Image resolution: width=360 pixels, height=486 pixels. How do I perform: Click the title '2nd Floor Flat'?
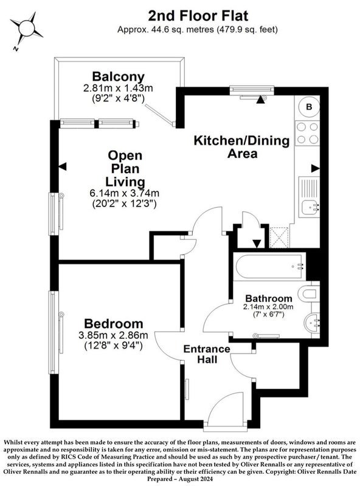(198, 16)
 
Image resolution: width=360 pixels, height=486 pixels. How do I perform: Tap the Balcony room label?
(118, 77)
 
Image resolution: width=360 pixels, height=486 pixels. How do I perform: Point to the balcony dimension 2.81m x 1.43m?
(118, 88)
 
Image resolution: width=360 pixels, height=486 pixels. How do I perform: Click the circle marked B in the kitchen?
(309, 107)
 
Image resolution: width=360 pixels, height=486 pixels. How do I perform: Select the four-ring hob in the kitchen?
(307, 133)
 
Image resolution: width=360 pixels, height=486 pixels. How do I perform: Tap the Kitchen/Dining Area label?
(242, 147)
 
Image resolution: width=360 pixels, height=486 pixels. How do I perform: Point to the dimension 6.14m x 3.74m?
(124, 193)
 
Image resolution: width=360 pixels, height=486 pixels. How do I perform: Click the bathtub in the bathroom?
(269, 267)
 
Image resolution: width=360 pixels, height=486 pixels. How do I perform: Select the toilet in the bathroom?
(308, 293)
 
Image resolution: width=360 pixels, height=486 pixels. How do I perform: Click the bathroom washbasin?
(311, 323)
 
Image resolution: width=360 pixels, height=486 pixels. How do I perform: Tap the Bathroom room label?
(269, 298)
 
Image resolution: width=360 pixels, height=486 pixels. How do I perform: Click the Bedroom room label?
(114, 324)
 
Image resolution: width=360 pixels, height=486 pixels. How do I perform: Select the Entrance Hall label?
(207, 354)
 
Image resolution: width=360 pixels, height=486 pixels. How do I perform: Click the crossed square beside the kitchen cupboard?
(279, 237)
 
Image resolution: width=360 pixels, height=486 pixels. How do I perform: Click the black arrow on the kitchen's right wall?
(316, 168)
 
